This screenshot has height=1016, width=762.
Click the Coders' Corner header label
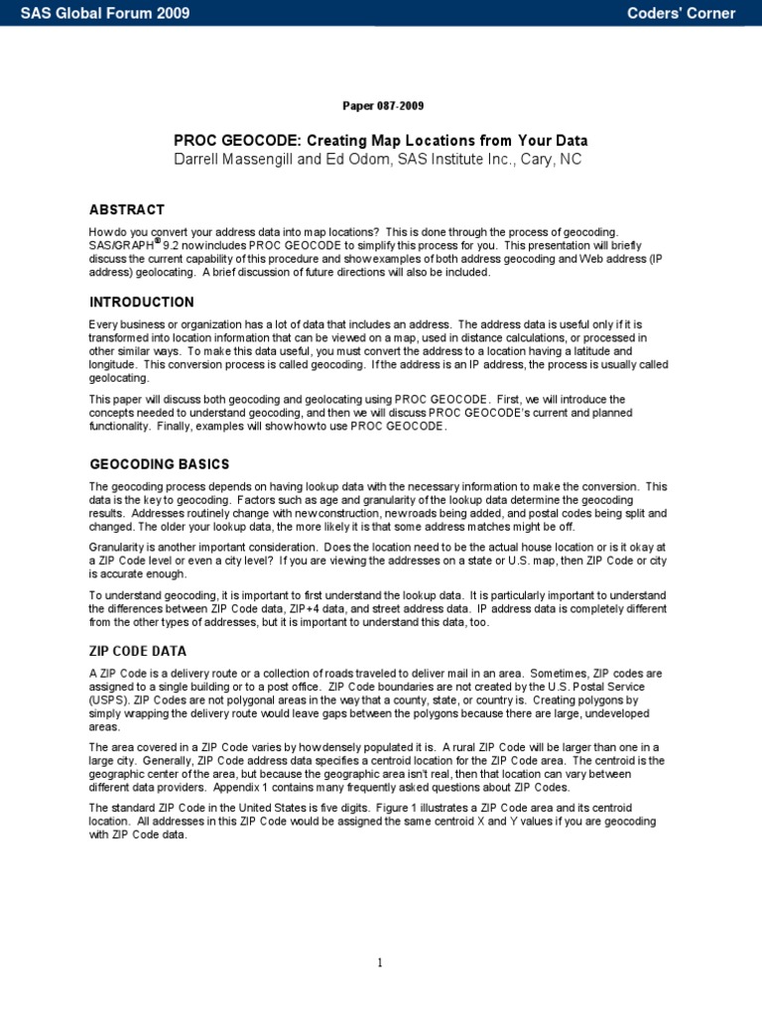(682, 13)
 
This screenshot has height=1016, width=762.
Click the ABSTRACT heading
(127, 210)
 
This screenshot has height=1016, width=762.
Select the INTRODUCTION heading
(142, 302)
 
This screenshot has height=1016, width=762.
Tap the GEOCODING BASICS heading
(159, 464)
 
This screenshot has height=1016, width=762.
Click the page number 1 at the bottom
(380, 961)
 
